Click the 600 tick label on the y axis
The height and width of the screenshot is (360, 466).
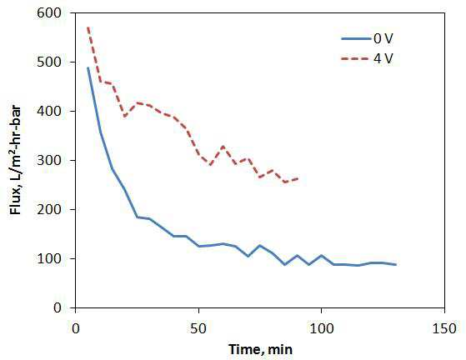coord(49,13)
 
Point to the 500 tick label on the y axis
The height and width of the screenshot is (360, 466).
coord(49,62)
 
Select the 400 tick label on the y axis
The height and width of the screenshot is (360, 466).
coord(49,111)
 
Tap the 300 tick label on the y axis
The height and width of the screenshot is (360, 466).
coord(49,160)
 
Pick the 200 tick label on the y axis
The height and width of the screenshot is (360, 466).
coord(49,209)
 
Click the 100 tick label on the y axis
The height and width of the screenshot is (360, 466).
coord(49,258)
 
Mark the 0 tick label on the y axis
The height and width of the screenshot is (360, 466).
coord(58,307)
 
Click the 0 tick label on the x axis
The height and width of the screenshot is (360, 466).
coord(76,329)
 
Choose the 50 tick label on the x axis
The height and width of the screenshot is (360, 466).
coord(198,329)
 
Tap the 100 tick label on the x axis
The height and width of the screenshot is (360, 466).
coord(322,329)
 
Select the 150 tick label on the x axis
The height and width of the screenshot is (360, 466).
coord(444,329)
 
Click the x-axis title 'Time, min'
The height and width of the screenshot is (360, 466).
coord(260,350)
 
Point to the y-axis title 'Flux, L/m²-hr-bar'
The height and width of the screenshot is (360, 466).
coord(16,160)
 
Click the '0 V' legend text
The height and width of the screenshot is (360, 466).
coord(383,38)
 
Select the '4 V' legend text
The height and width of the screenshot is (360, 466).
coord(383,58)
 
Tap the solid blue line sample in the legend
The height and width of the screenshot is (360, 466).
coord(356,38)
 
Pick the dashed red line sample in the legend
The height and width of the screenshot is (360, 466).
coord(356,59)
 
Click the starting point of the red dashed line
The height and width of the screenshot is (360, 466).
coord(88,27)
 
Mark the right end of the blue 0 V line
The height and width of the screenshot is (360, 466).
coord(396,264)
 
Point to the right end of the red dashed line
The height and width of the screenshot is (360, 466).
coord(298,178)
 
